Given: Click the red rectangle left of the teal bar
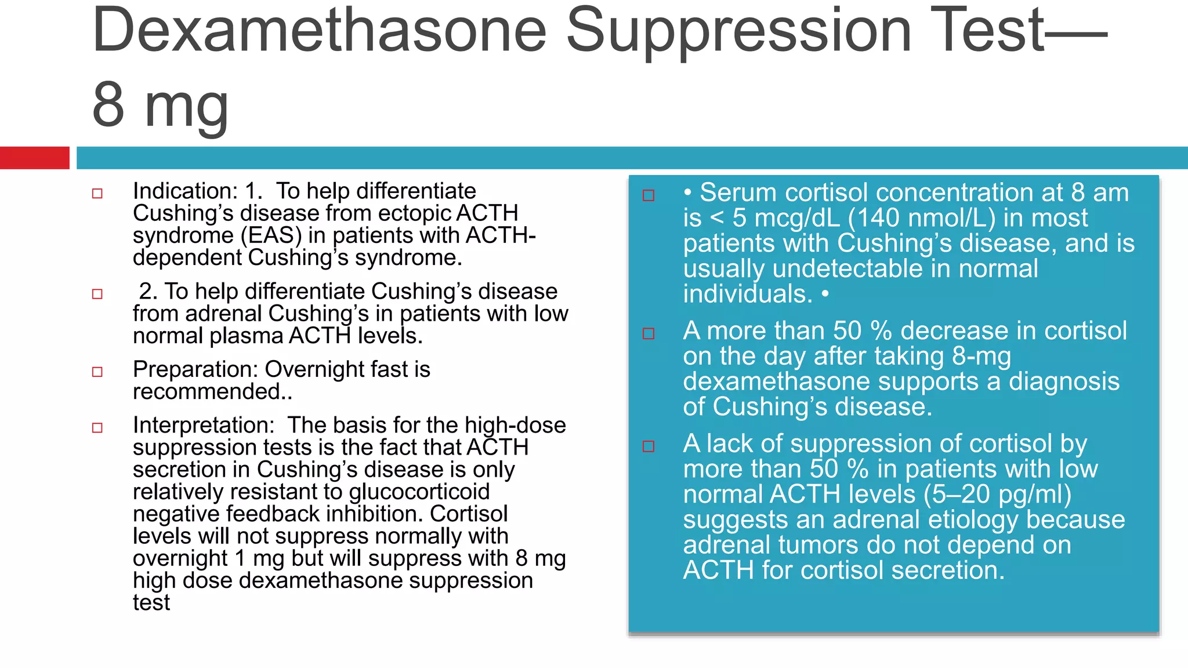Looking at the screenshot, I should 34,158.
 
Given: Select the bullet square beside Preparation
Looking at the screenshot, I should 97,372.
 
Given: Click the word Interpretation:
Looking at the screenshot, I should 204,425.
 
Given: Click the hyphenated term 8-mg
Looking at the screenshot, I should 981,356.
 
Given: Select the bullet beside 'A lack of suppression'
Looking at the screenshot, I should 649,446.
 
